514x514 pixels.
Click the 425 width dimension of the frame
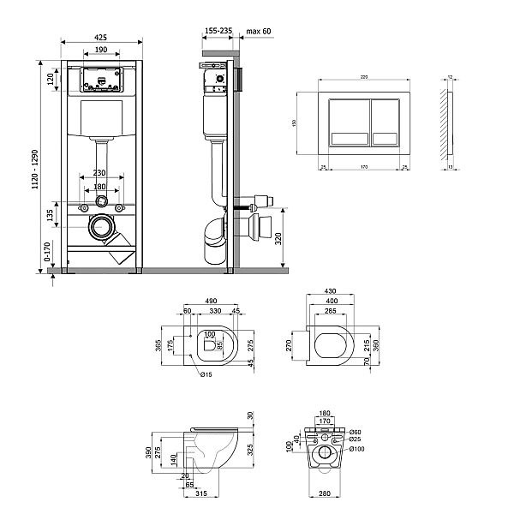(x=100, y=37)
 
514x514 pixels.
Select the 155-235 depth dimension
(x=218, y=31)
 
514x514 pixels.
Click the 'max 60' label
(x=258, y=31)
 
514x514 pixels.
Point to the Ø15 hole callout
(x=206, y=374)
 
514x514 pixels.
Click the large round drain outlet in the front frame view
(x=102, y=228)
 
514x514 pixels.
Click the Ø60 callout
(x=355, y=432)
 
